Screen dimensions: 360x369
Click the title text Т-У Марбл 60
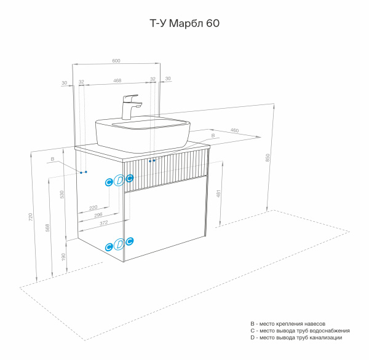(184, 24)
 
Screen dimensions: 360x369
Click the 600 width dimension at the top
(116, 60)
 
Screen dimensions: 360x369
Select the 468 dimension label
(116, 80)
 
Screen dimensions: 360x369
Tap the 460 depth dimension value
(234, 130)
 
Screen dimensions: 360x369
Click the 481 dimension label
(219, 193)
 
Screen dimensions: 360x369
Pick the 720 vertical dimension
(30, 218)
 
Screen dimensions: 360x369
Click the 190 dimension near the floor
(62, 256)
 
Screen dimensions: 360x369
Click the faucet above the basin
(131, 106)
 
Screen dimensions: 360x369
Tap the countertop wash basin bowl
(141, 132)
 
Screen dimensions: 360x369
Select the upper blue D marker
(119, 181)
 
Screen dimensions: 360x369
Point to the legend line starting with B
(287, 323)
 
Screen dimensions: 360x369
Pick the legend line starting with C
(300, 331)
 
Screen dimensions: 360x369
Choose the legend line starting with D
(296, 338)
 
